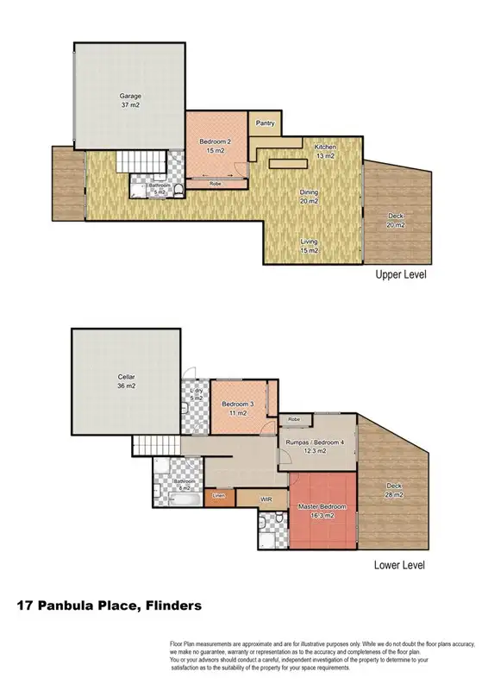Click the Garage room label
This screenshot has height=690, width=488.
[x=130, y=100]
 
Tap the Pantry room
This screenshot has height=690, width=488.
[x=266, y=123]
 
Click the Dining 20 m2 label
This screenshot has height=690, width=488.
[x=309, y=197]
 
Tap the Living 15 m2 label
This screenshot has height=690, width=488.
[x=309, y=246]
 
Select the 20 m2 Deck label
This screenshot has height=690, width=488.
[x=396, y=220]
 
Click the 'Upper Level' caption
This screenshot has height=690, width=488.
[x=400, y=275]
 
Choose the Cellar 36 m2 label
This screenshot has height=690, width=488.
[x=127, y=381]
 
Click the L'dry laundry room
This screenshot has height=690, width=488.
[x=196, y=396]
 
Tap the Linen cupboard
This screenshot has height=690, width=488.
[x=219, y=495]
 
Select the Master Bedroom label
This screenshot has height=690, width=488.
[x=321, y=510]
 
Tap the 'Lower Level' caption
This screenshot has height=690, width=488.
[x=400, y=566]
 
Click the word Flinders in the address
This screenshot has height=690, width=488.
[x=172, y=606]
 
